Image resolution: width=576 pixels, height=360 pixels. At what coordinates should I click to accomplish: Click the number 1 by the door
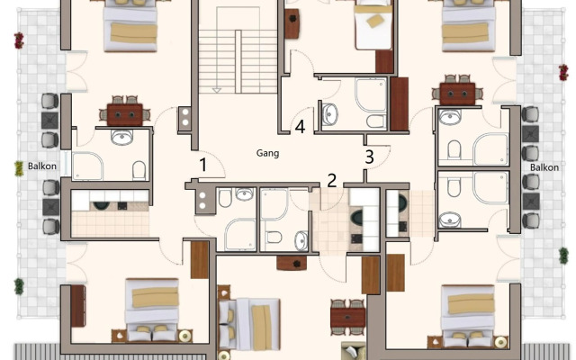pos(203,165)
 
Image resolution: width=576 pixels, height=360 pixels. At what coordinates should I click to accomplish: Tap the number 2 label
pos(331,180)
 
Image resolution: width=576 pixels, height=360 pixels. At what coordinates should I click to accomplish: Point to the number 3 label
pos(369,156)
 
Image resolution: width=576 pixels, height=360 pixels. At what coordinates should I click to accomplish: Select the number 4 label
pos(300,127)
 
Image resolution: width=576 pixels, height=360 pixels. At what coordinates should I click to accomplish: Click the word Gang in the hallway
pos(267,153)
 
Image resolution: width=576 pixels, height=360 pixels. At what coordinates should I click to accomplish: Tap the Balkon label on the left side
pos(41,166)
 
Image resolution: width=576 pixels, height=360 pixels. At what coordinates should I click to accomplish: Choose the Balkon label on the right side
pos(544,167)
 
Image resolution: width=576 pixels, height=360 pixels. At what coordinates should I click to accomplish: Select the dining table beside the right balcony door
pos(456,92)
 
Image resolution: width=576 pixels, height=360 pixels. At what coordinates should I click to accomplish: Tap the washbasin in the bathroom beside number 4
pos(329,114)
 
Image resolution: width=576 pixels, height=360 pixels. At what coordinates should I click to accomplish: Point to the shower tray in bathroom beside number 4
pos(370,95)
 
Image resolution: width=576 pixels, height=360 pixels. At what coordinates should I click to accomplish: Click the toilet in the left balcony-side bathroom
pos(139,169)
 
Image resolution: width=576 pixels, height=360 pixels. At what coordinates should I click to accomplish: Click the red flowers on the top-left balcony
pos(19,40)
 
